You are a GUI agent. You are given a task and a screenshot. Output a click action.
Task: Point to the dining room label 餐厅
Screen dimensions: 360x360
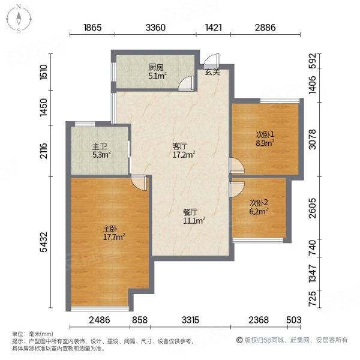(190, 212)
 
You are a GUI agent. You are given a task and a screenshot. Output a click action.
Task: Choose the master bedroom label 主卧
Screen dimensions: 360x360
(109, 229)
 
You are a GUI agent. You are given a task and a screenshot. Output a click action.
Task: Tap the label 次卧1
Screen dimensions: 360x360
(265, 135)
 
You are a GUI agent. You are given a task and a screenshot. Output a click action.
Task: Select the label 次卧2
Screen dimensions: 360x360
(259, 203)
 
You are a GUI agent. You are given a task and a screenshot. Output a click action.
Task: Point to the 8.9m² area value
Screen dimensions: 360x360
(265, 143)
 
